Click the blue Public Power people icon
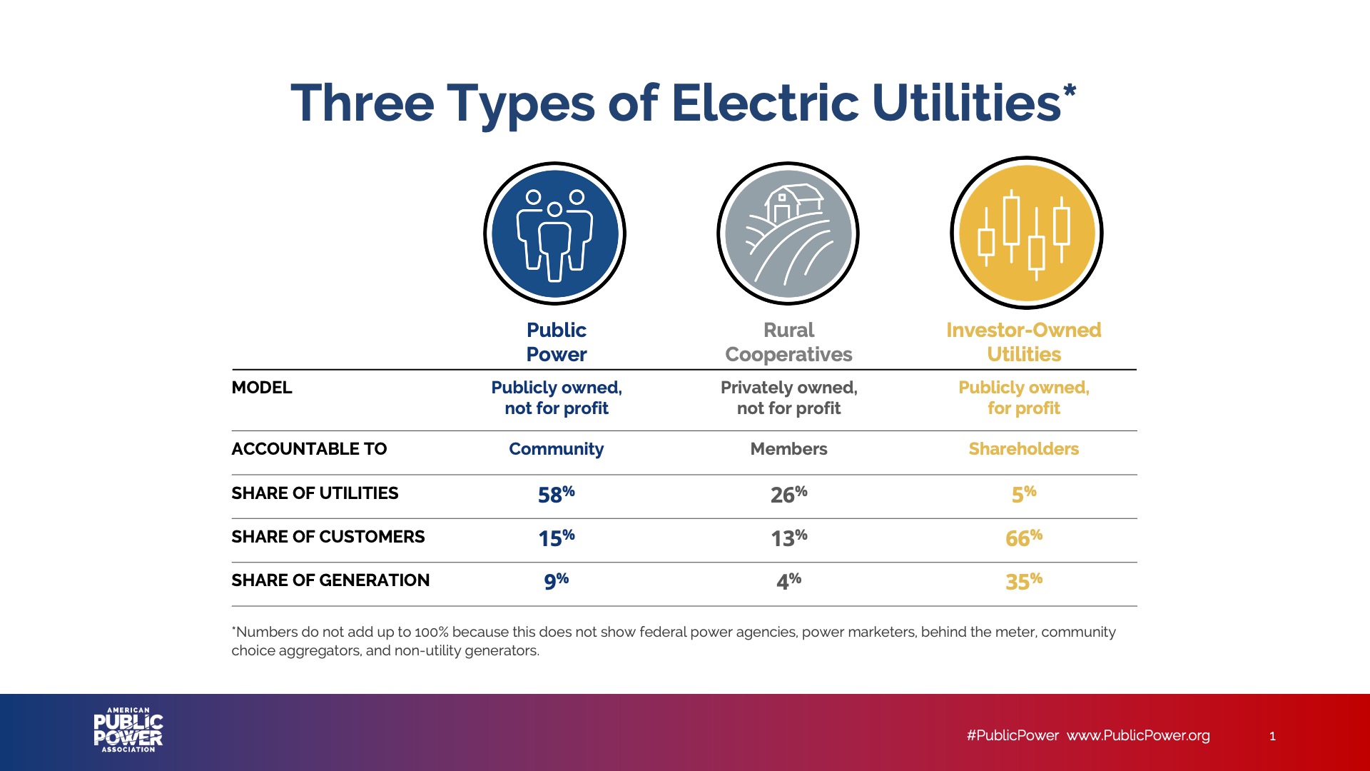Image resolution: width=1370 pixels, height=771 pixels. coord(554,233)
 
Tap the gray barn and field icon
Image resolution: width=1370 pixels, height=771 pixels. coord(788,233)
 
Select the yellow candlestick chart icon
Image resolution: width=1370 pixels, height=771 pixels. coord(1026,233)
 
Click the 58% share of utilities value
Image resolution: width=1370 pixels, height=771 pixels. coord(556,494)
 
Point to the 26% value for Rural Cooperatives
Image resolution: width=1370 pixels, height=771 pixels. coord(788,494)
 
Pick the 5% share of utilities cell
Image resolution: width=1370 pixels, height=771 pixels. coord(1023,494)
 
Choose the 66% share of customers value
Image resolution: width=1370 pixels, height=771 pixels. coord(1023,538)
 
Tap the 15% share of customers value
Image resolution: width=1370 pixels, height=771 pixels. coord(556,538)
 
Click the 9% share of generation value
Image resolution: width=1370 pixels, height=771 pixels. coord(556,581)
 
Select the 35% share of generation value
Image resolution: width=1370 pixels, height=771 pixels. coord(1023,581)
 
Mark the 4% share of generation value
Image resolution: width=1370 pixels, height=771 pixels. coord(788,581)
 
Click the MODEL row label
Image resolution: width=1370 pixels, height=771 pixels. coord(262,388)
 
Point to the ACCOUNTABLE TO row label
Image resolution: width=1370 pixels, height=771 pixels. coord(309,449)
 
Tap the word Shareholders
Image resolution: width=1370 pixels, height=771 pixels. coord(1023,449)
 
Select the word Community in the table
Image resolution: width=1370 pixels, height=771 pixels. coord(556,449)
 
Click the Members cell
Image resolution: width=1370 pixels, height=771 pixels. coord(788,449)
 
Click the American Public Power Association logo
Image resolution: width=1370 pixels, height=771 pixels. coord(128,730)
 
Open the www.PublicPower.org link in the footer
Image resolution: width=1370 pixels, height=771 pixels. coord(1138,735)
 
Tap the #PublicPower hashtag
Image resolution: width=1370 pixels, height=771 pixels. coord(1013,735)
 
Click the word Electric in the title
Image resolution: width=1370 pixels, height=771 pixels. coord(764,104)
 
